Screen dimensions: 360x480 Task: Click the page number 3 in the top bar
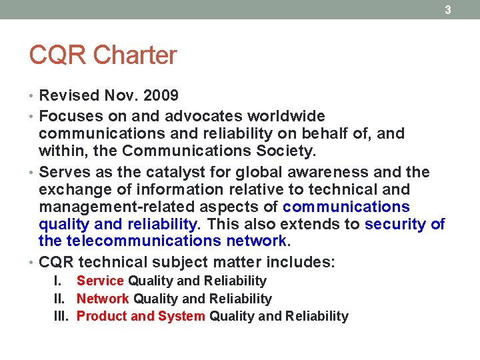pyautogui.click(x=448, y=9)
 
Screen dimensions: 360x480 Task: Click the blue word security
pyautogui.click(x=397, y=224)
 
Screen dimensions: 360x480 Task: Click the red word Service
pyautogui.click(x=100, y=281)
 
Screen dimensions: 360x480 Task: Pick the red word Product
pyautogui.click(x=102, y=316)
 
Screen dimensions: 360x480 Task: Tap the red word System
pyautogui.click(x=181, y=316)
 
